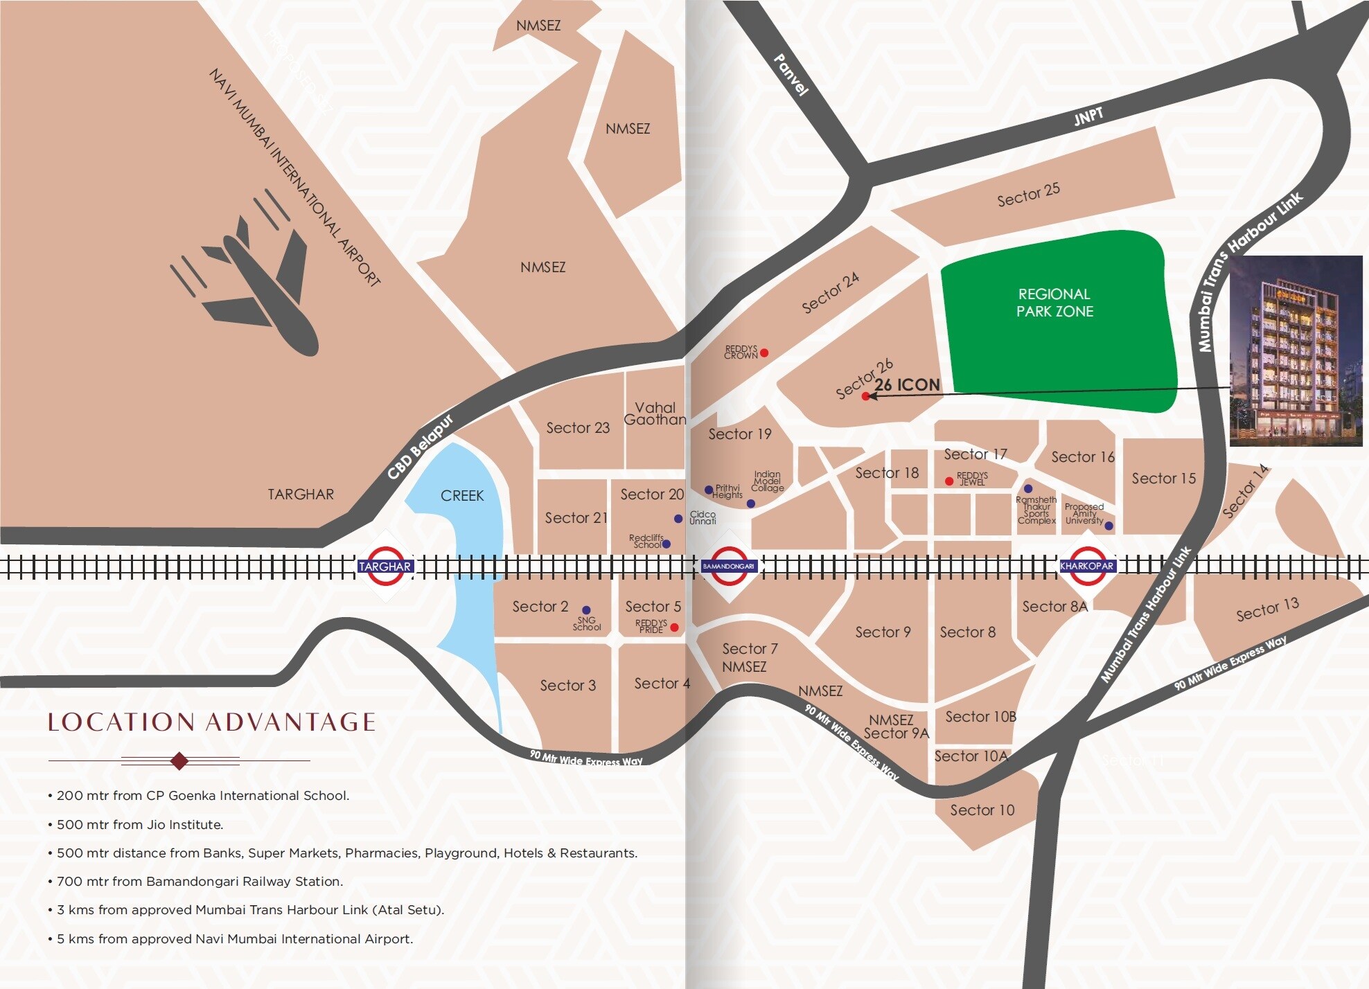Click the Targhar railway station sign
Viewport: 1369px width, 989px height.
point(385,567)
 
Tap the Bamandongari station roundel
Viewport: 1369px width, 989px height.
point(728,566)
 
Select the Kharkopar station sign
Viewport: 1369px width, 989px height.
point(1086,566)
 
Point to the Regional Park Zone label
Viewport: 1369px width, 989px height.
point(1054,303)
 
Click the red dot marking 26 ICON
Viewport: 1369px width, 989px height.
point(865,396)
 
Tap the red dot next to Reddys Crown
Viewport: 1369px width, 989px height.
point(764,353)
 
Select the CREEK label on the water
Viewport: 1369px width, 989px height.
point(462,496)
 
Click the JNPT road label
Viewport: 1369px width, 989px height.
point(1088,116)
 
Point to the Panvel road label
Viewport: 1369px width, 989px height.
point(791,75)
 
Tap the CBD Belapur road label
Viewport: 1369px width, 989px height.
point(420,447)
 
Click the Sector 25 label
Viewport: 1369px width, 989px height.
point(1028,195)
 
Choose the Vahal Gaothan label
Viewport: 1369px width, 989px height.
point(655,413)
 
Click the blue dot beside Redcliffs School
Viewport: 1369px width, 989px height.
point(666,544)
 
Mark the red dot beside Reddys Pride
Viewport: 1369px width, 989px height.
point(674,627)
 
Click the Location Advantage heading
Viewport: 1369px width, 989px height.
point(211,722)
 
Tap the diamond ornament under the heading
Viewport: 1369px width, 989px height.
point(179,760)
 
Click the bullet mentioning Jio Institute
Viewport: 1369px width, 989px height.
point(139,824)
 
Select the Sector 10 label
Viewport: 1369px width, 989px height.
point(982,810)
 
